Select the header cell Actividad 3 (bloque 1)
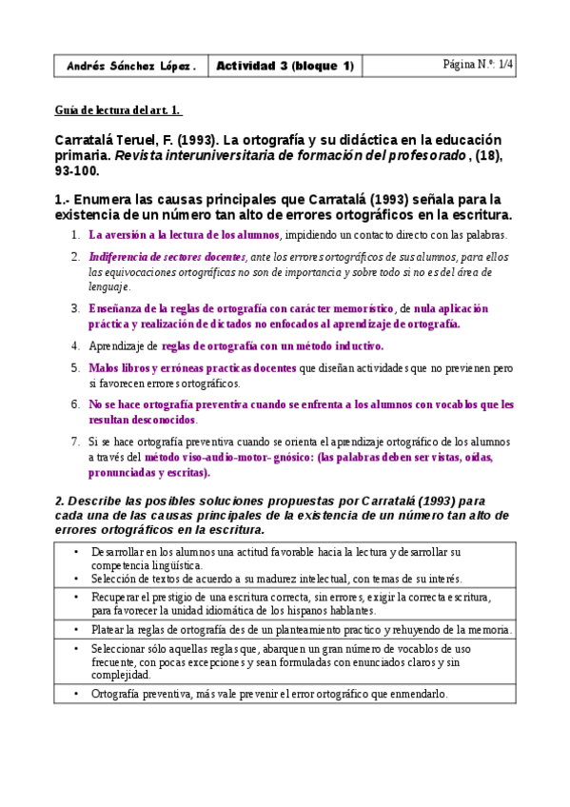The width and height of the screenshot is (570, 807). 285,66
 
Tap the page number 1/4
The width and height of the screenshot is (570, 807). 504,65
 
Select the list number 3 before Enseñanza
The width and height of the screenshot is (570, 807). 75,309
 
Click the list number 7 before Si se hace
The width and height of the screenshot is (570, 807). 75,443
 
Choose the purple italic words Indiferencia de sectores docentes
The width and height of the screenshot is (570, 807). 167,257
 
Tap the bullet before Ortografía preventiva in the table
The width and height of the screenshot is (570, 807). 76,694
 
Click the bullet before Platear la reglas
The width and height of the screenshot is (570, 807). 76,629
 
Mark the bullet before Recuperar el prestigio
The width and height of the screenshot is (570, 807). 76,596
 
